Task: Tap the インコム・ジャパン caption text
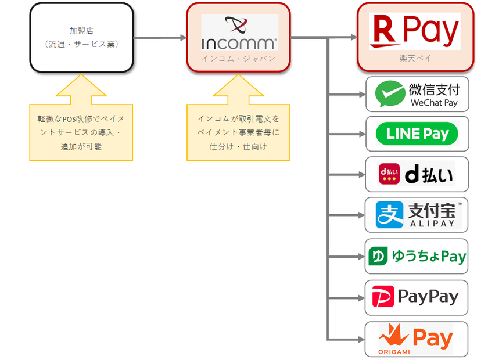click(239, 59)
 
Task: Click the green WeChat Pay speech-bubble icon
click(390, 95)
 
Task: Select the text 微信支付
click(434, 89)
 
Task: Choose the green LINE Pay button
click(417, 134)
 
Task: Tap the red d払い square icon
click(389, 174)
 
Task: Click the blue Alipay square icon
click(387, 215)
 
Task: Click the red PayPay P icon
click(383, 297)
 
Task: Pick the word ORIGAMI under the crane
click(392, 351)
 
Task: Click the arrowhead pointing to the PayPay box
click(361, 297)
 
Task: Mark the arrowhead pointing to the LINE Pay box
click(361, 134)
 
